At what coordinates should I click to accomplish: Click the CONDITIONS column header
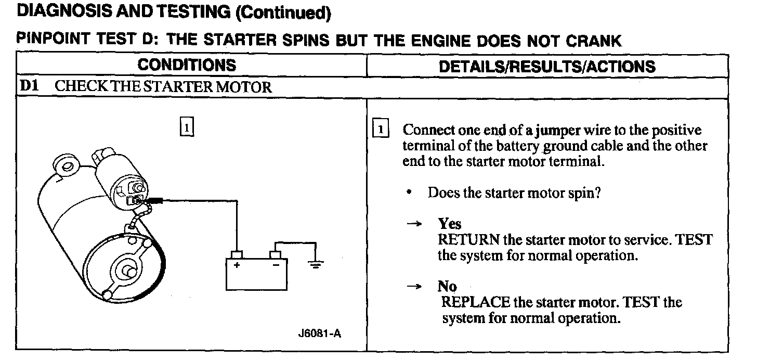pyautogui.click(x=187, y=66)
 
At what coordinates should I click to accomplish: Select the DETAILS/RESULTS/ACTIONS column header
pyautogui.click(x=547, y=67)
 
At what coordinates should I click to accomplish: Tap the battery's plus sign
pyautogui.click(x=237, y=265)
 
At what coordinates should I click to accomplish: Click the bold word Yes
pyautogui.click(x=450, y=224)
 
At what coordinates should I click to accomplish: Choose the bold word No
pyautogui.click(x=447, y=287)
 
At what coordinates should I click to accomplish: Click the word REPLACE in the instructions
pyautogui.click(x=475, y=302)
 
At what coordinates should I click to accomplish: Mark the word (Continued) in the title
pyautogui.click(x=283, y=14)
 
